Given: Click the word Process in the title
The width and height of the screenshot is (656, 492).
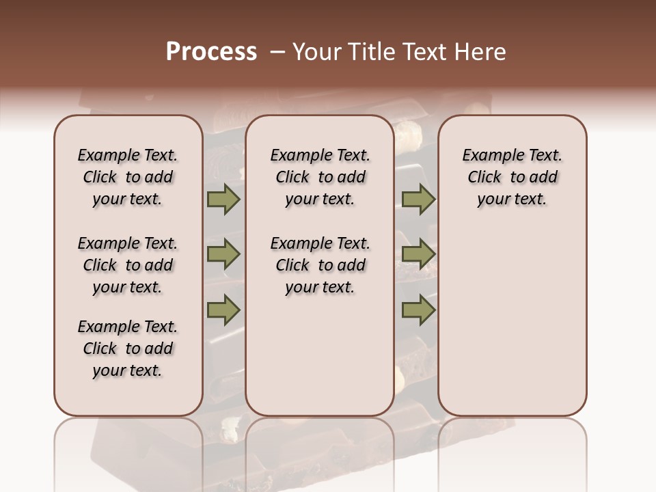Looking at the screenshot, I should [211, 52].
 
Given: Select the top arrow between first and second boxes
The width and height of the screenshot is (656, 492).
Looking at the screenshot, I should [223, 200].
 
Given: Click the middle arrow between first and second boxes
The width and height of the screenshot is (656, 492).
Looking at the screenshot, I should [223, 254].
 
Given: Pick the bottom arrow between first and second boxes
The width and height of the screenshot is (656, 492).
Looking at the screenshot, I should [223, 310].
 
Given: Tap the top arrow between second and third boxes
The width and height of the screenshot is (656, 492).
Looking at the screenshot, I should [418, 200].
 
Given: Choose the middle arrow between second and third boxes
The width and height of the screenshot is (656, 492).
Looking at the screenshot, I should [418, 254].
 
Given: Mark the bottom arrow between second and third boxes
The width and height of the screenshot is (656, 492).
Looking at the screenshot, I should [418, 310].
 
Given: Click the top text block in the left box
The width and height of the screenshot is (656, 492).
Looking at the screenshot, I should [128, 177].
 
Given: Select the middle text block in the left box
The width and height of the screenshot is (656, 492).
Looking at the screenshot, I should [128, 265].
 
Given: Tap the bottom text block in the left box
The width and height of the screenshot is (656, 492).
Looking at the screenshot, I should [128, 348].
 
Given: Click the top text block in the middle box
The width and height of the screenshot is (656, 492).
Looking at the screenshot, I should [320, 177].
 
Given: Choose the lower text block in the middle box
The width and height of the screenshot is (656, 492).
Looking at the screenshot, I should [320, 265].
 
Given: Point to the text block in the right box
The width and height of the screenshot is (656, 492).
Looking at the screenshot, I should [512, 177].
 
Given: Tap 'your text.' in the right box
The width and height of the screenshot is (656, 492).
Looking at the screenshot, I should [512, 200].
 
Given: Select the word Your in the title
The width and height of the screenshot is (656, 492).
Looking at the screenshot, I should [317, 52].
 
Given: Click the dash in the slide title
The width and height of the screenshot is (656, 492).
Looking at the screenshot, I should [278, 52].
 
